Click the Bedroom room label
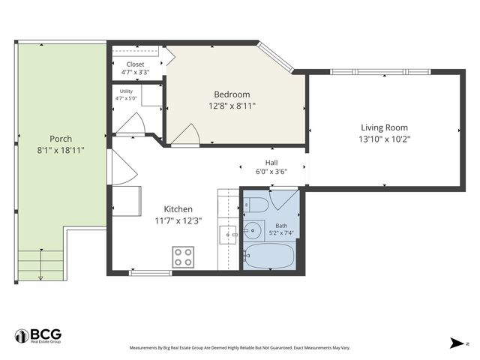point(232,94)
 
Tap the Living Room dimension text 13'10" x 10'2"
point(385,139)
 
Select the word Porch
point(61,139)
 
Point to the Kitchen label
point(178,209)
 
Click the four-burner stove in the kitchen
point(183,257)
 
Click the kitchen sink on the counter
point(228,235)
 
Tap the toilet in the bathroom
point(256,205)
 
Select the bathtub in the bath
point(269,256)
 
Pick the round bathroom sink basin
point(252,230)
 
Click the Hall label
point(271,163)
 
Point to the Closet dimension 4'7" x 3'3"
point(135,72)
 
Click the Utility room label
point(126,91)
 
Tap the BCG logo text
point(46,334)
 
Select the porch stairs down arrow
point(41,265)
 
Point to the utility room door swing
point(141,121)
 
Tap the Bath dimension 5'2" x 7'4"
point(281,233)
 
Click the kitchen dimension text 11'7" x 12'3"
point(178,220)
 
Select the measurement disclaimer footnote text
point(240,348)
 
